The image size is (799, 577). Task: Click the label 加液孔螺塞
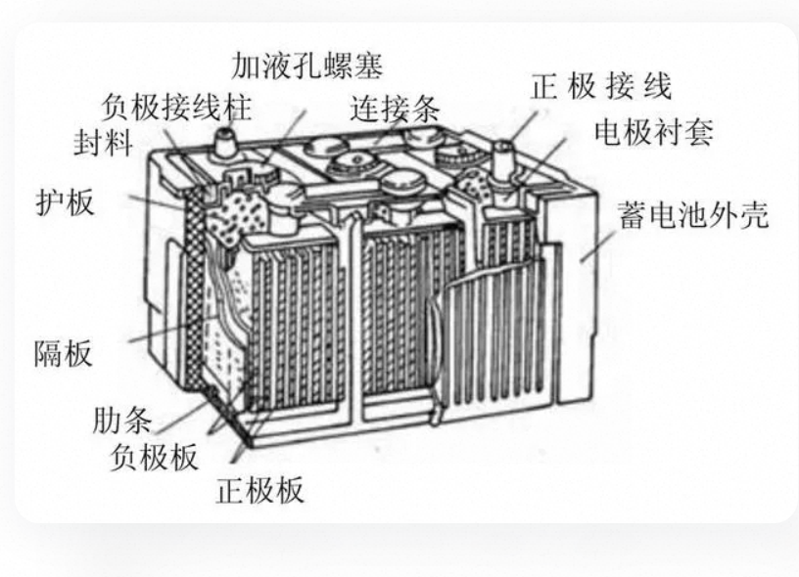pyautogui.click(x=306, y=66)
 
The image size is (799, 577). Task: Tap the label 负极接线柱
pyautogui.click(x=176, y=107)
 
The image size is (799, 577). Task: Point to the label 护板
pyautogui.click(x=66, y=202)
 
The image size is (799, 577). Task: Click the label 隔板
pyautogui.click(x=64, y=353)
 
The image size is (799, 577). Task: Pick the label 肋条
pyautogui.click(x=122, y=421)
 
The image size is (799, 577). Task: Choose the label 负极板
pyautogui.click(x=154, y=457)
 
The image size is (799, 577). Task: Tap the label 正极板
pyautogui.click(x=259, y=490)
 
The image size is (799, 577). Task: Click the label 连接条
pyautogui.click(x=395, y=109)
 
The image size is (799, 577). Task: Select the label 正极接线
pyautogui.click(x=601, y=86)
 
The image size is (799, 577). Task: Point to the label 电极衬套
pyautogui.click(x=653, y=132)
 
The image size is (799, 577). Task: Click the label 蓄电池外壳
pyautogui.click(x=693, y=215)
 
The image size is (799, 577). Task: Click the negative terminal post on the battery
pyautogui.click(x=225, y=142)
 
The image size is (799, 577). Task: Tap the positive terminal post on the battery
pyautogui.click(x=503, y=158)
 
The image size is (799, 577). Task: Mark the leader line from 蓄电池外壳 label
pyautogui.click(x=597, y=247)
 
